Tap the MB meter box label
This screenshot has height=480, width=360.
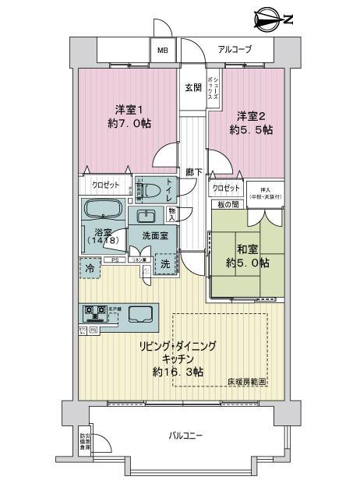(163, 51)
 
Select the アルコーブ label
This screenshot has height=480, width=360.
(235, 49)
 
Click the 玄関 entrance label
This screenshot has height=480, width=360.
(192, 88)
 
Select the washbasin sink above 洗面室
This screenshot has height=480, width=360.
(146, 217)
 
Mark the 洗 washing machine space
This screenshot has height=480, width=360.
(165, 265)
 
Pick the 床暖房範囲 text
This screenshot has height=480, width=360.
(247, 383)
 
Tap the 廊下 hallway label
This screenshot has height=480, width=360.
(192, 173)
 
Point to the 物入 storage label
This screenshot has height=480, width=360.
(171, 211)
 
